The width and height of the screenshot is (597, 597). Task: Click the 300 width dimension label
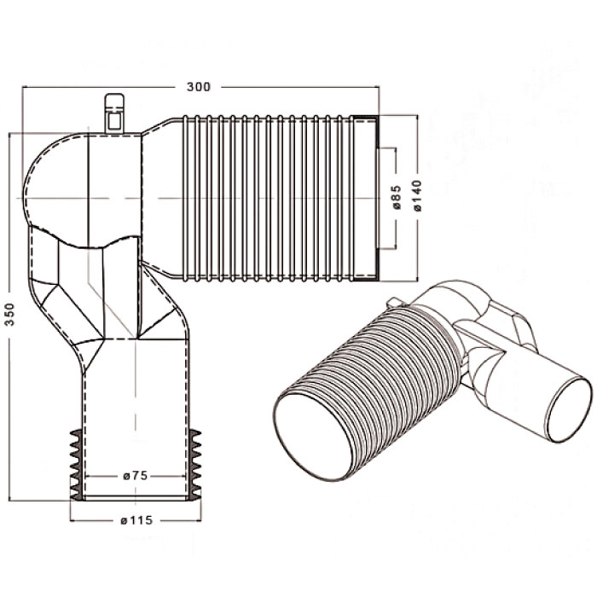coord(198,87)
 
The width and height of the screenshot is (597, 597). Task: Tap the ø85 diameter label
coord(396,197)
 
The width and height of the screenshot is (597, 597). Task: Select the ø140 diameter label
coord(417,195)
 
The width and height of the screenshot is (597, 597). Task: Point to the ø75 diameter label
coord(136,476)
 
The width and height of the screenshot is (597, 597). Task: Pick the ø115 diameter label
coord(136,520)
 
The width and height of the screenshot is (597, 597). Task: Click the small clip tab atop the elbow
coord(114,113)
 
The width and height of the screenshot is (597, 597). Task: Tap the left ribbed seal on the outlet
coord(76,464)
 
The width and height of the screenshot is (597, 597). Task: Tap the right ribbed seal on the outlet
coord(195,464)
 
